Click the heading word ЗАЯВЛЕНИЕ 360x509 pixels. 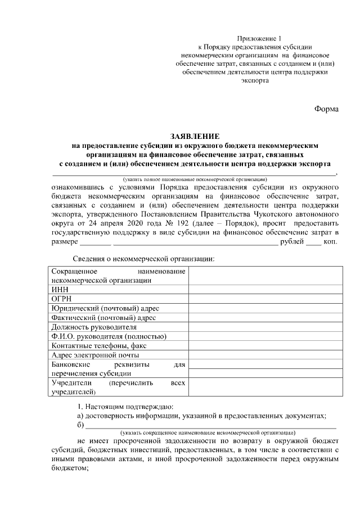(195, 137)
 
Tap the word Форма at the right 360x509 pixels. (326, 109)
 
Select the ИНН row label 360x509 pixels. (59, 290)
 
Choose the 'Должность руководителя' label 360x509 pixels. (93, 327)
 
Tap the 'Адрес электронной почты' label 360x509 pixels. (95, 355)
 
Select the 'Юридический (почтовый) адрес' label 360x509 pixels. (105, 308)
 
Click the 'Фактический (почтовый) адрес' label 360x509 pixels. (103, 318)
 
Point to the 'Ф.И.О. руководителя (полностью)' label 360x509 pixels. (109, 336)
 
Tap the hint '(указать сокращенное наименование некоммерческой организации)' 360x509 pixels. (208, 433)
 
